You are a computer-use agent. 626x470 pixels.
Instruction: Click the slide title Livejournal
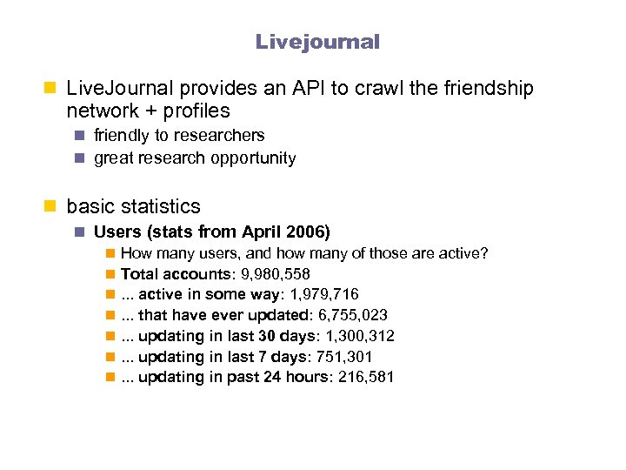[317, 42]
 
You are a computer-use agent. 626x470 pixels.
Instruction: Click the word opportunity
[254, 158]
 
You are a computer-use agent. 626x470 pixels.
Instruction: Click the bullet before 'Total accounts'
[109, 274]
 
